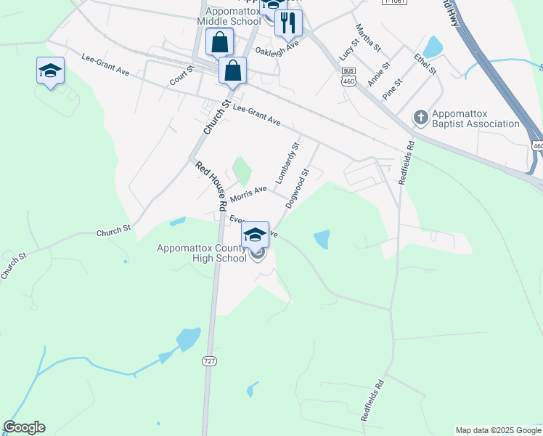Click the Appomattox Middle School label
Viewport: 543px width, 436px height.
[232, 16]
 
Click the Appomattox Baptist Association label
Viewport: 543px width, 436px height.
[475, 118]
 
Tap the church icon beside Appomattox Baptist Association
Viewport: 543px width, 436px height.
[420, 117]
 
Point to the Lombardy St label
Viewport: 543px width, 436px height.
[287, 163]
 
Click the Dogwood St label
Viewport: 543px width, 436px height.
[298, 189]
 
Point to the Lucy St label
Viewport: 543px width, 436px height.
[344, 48]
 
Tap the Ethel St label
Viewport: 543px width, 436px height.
[425, 63]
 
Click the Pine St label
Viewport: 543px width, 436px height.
[392, 90]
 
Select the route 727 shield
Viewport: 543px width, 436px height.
[208, 360]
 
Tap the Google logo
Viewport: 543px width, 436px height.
[24, 427]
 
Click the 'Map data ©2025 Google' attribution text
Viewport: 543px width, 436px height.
[498, 430]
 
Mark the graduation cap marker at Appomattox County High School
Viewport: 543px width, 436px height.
[255, 235]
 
